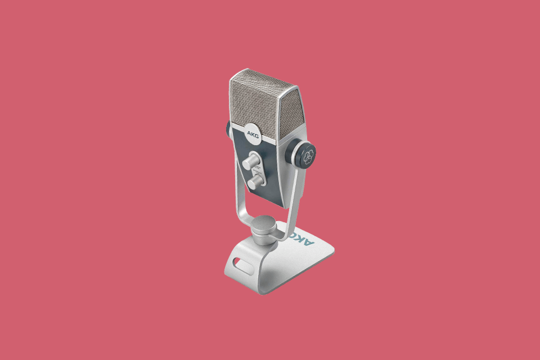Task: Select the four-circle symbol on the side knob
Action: click(x=308, y=158)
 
